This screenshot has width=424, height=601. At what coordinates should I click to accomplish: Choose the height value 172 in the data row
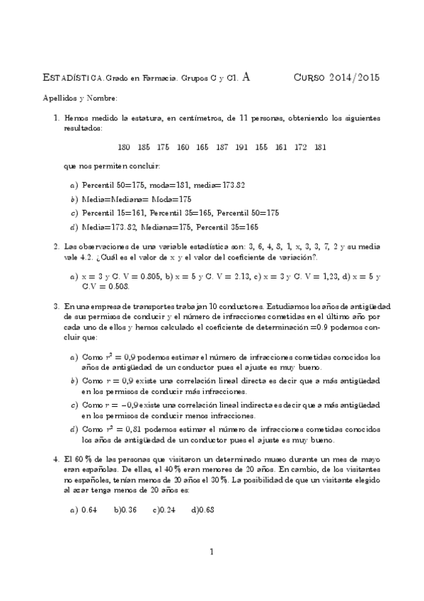coord(301,147)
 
